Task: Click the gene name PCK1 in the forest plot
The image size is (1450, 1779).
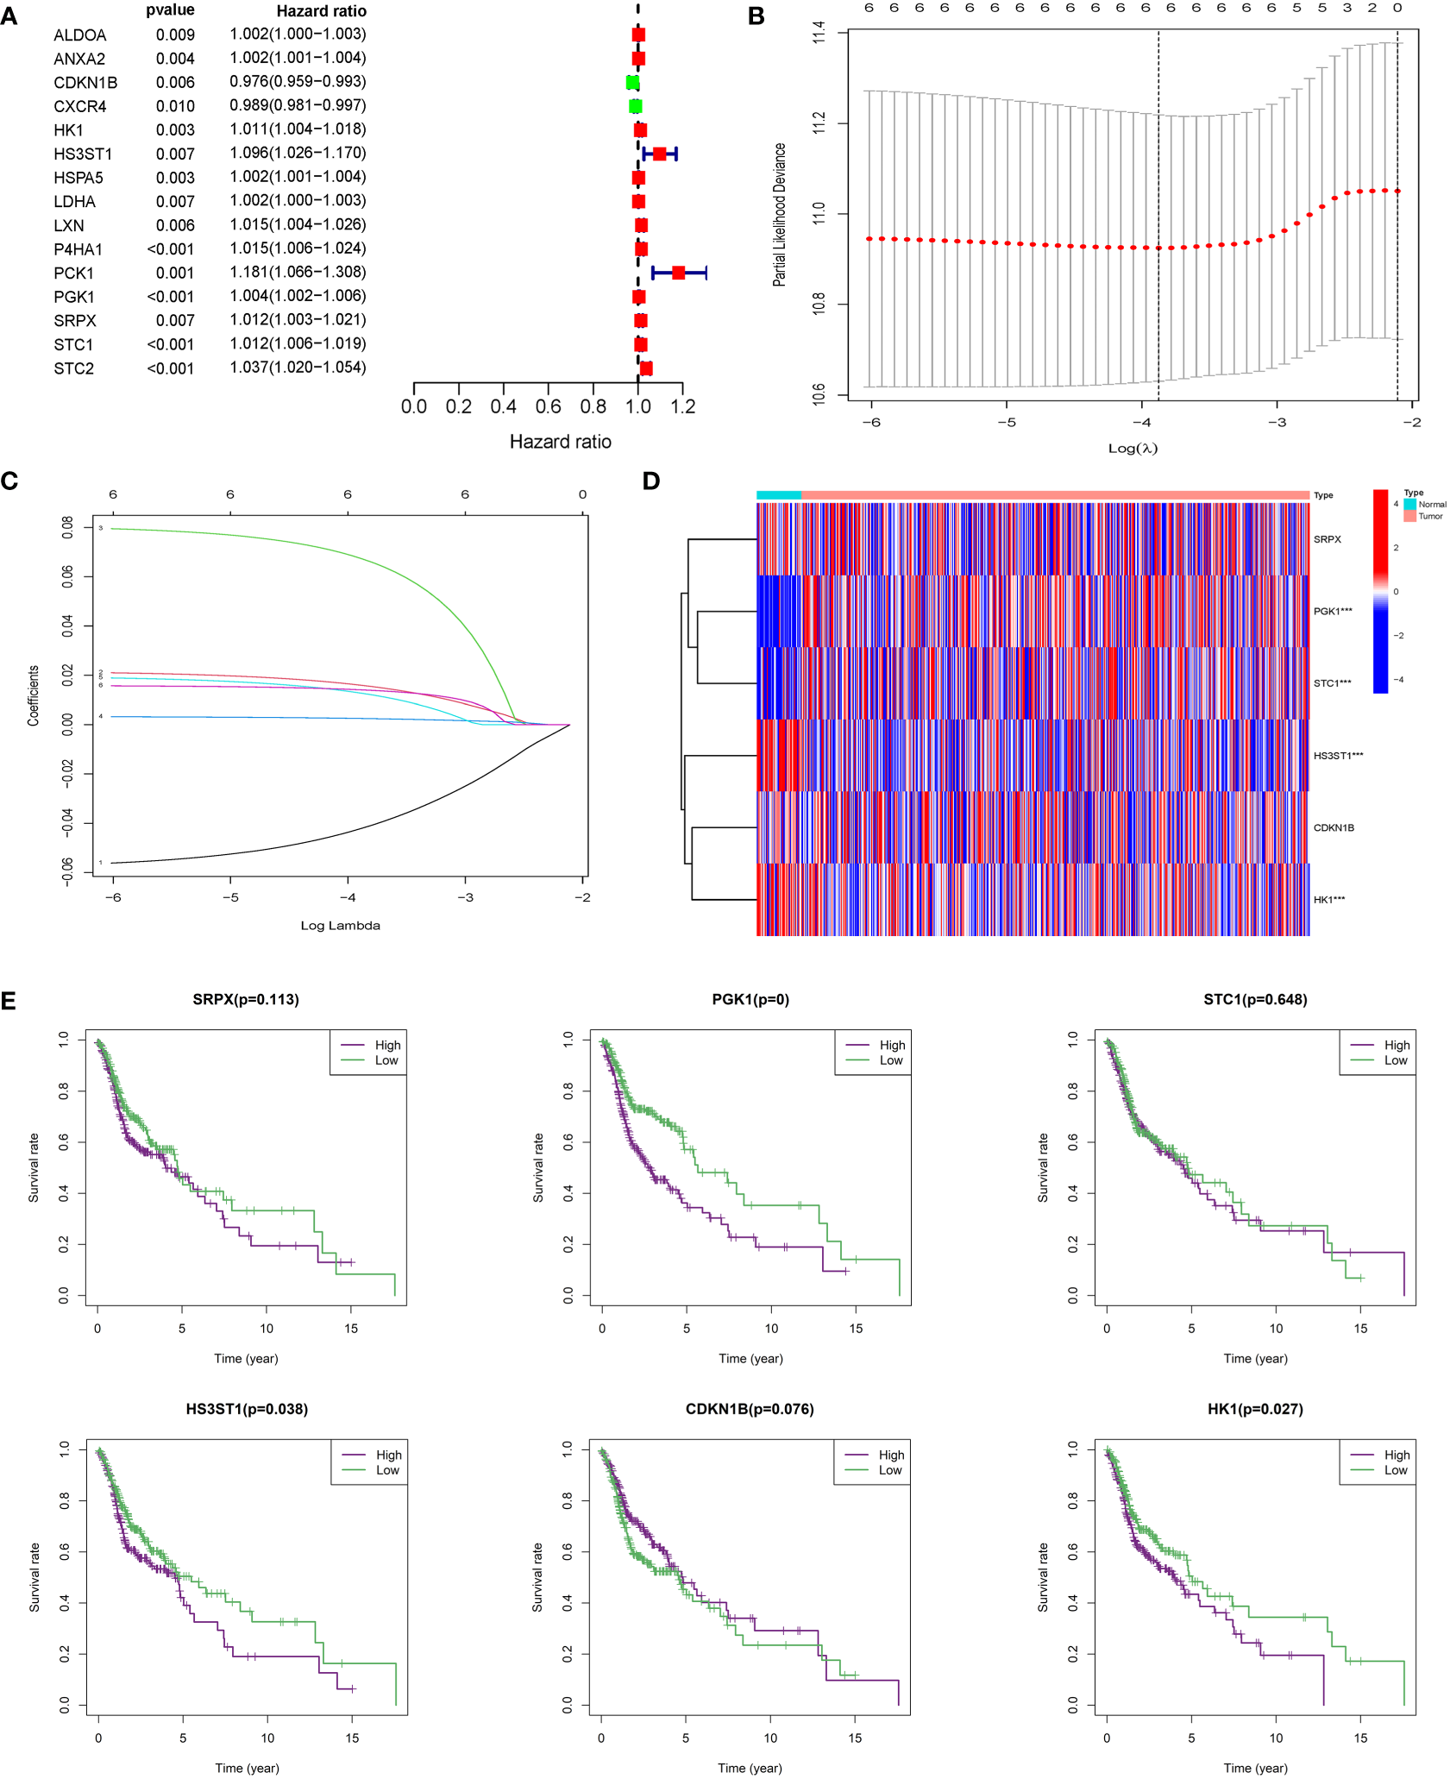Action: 73,273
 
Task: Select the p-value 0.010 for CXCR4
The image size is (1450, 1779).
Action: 175,106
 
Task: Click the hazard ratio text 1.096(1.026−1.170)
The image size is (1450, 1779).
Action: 298,153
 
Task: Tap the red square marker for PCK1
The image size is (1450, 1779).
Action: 678,273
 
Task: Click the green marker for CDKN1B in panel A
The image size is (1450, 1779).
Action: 632,83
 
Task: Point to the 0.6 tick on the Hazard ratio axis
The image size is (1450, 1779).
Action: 548,406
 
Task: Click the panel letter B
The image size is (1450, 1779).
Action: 756,16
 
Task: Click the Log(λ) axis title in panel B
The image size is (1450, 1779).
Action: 1132,448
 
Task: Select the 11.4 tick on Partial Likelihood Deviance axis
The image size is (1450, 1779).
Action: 819,33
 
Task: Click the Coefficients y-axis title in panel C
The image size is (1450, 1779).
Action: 33,695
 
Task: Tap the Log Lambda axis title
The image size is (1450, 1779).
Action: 340,925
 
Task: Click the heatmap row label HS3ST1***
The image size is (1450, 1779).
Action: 1337,756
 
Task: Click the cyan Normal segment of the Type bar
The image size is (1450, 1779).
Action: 778,495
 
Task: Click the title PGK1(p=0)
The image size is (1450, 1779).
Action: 750,999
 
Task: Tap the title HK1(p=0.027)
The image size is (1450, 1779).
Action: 1254,1409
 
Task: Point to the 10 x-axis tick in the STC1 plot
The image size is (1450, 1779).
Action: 1275,1328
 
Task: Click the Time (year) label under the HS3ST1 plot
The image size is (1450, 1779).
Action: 247,1768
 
